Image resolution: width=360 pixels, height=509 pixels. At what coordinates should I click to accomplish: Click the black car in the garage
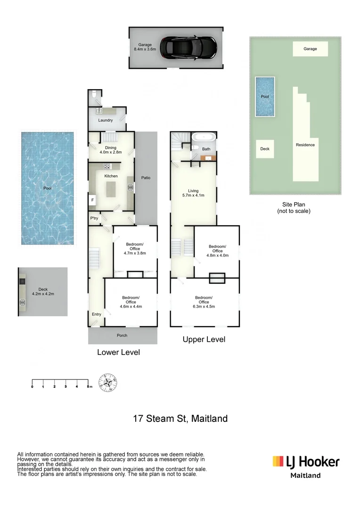(188, 47)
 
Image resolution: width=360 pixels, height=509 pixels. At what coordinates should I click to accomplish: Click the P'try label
(94, 219)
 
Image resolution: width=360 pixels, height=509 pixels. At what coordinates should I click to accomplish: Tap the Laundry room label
(106, 120)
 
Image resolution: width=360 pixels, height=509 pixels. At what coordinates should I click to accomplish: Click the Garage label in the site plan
(310, 49)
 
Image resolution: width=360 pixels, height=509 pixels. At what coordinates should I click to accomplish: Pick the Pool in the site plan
(265, 97)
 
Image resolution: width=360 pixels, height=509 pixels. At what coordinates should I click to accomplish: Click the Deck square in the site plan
(265, 149)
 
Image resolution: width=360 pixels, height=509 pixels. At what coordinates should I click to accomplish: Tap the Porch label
(122, 336)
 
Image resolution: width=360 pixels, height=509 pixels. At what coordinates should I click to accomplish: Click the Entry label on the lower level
(97, 314)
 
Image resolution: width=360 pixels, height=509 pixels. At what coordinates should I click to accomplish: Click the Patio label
(146, 178)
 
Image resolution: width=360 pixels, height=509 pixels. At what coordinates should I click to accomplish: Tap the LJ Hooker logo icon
(278, 461)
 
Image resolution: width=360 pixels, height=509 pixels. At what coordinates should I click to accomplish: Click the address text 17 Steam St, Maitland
(180, 418)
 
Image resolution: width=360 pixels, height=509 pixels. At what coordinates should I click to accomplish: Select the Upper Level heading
(204, 339)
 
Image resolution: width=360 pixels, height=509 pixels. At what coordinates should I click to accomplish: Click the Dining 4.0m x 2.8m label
(111, 150)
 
